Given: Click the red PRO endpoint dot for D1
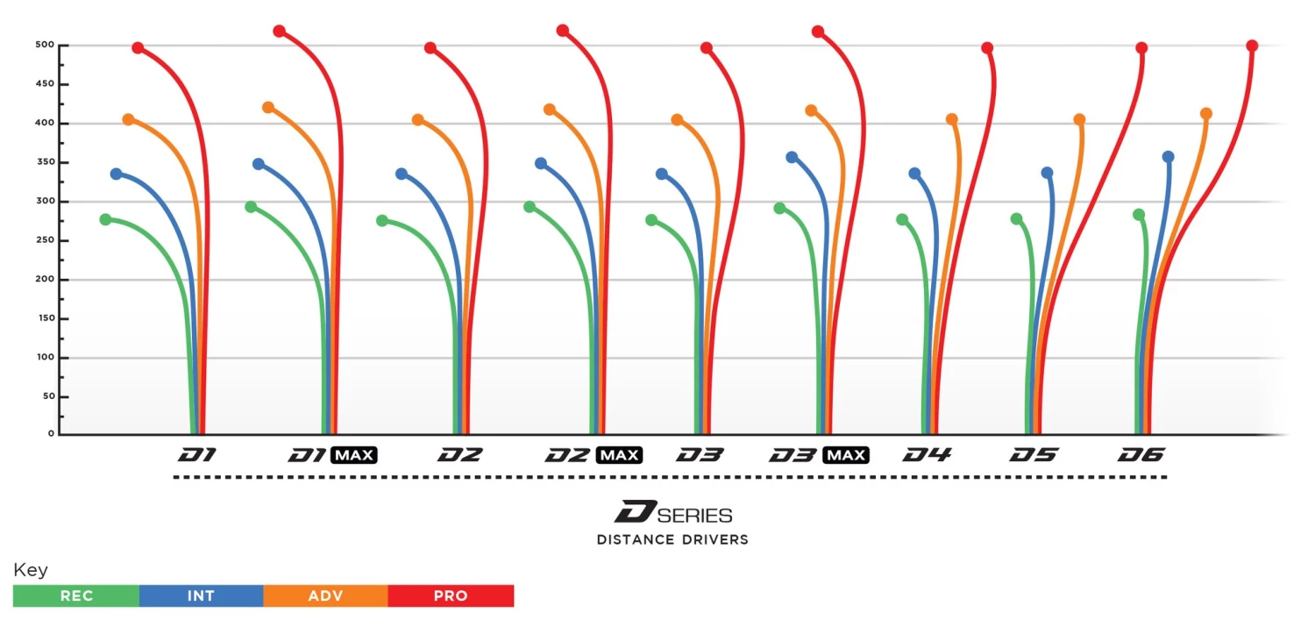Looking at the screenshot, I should tap(138, 47).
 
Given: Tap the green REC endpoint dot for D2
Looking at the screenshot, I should tap(382, 221).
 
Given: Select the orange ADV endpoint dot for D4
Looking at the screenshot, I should tap(952, 119).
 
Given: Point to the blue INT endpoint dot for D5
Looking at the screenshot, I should tap(1047, 173).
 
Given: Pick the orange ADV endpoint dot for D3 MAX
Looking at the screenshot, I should tap(811, 110).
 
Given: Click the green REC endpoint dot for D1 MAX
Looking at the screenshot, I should tap(251, 207).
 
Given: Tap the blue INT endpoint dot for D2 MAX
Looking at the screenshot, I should tap(541, 163).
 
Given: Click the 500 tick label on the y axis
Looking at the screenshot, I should tap(45, 45).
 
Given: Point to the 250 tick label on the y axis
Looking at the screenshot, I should tap(45, 240).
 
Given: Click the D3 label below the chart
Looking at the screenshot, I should tap(700, 455).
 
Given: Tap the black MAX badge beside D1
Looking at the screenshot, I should tap(354, 455).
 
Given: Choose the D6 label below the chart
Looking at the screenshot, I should tap(1141, 455).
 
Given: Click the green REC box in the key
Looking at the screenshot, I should tap(76, 596).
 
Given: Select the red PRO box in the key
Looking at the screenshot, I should tap(451, 596).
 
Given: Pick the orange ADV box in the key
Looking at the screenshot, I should tap(325, 596).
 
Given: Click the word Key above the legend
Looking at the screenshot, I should tap(31, 570).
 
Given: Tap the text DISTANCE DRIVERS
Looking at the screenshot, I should tap(672, 539).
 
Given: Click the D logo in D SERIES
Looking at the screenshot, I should tap(630, 512).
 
